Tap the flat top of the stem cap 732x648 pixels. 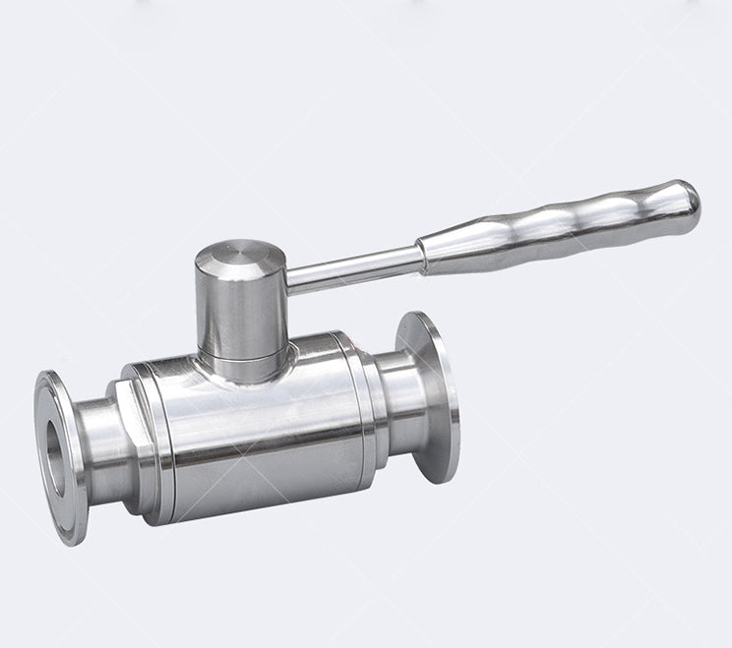(240, 258)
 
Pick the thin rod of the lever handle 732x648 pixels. (354, 266)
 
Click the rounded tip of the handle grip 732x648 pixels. (688, 200)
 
